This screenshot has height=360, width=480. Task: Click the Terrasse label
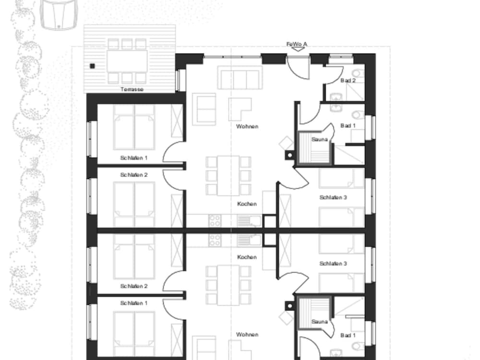tap(132, 89)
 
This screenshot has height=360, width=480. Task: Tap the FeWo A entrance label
tap(297, 44)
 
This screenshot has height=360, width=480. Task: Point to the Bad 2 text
tap(348, 81)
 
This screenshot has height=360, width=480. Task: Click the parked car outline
tap(59, 15)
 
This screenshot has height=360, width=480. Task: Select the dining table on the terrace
tap(127, 61)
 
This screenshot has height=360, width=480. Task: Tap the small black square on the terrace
tap(93, 66)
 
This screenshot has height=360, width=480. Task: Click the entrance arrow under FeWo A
tap(297, 49)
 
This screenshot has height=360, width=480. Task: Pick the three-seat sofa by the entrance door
tap(240, 78)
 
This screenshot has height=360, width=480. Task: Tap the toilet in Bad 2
tap(358, 73)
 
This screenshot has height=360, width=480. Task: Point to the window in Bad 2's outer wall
tap(341, 56)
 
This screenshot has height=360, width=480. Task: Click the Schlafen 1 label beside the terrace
tap(134, 158)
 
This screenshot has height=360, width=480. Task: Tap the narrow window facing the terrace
tap(180, 80)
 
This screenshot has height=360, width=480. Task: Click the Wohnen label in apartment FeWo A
tap(247, 126)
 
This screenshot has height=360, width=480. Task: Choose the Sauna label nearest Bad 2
tap(319, 139)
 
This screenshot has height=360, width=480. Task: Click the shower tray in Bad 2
tap(355, 92)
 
